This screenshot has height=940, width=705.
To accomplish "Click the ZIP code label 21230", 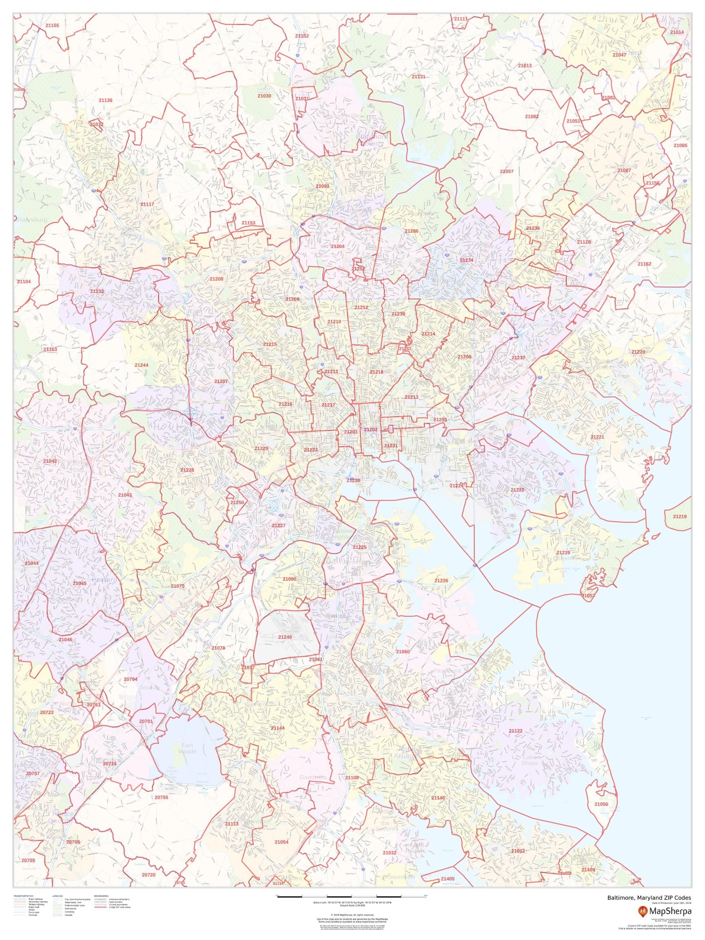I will tap(353, 480).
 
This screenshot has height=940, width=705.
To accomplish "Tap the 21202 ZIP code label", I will tap(370, 430).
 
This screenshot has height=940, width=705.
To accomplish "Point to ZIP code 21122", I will tap(515, 730).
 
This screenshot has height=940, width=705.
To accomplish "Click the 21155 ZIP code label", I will tap(52, 25).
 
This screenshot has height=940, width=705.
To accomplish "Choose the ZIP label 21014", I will tap(677, 32).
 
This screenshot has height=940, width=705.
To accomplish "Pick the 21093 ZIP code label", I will tap(322, 186).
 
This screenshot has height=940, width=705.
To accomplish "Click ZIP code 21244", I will tap(141, 365).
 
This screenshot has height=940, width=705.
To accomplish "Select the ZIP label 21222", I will tap(517, 490).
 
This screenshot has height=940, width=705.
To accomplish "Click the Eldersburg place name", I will tap(32, 220).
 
